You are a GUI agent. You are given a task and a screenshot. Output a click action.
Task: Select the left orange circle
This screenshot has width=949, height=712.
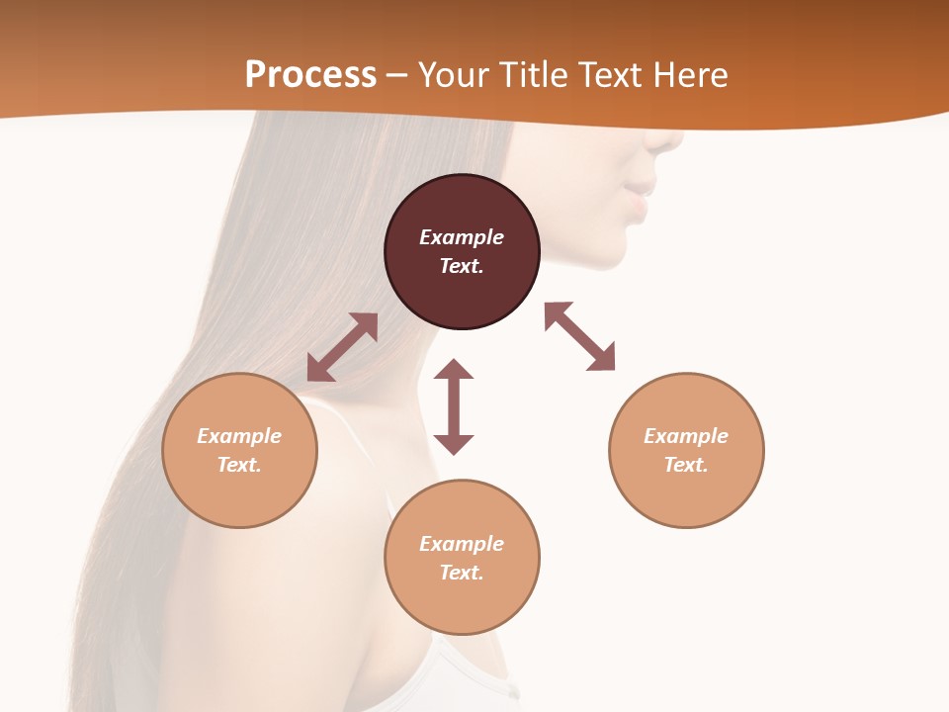pyautogui.click(x=239, y=450)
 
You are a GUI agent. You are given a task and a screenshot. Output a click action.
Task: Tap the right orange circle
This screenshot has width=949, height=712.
pyautogui.click(x=686, y=450)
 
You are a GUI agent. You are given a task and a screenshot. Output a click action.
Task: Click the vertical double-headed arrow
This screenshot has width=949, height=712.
pyautogui.click(x=454, y=406)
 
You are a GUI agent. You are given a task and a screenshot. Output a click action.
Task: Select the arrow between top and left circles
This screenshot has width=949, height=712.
pyautogui.click(x=342, y=347)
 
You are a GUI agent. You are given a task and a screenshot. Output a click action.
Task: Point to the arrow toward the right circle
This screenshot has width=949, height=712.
pyautogui.click(x=580, y=336)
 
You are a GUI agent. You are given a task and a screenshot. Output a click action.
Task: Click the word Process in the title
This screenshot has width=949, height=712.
pyautogui.click(x=310, y=74)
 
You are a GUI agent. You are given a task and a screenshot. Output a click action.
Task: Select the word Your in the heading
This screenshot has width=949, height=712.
pyautogui.click(x=454, y=74)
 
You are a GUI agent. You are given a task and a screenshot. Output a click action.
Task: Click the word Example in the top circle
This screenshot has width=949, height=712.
pyautogui.click(x=462, y=237)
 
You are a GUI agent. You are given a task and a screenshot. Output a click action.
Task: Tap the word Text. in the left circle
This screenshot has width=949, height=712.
pyautogui.click(x=239, y=465)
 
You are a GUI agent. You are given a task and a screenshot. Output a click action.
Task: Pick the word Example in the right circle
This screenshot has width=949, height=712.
pyautogui.click(x=686, y=436)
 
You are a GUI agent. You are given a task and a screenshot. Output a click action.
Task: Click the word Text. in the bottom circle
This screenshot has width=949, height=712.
pyautogui.click(x=462, y=573)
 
